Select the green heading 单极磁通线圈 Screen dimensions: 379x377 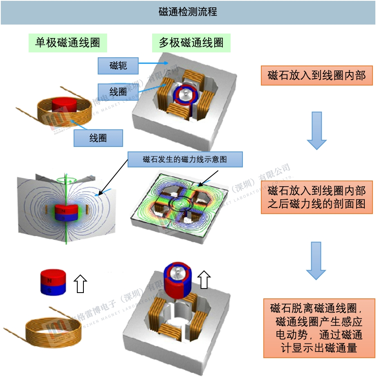coord(67,43)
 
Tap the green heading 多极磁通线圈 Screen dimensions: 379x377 coord(191,43)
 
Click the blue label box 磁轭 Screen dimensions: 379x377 coord(118,65)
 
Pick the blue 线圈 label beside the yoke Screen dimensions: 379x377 coord(118,92)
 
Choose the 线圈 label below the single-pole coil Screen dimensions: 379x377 coord(98,138)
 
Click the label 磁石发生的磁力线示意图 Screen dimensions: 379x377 coord(185,159)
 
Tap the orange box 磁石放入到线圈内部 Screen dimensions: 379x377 coord(317,76)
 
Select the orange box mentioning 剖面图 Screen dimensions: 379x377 coord(317,197)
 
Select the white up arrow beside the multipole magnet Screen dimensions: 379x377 coord(204,280)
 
